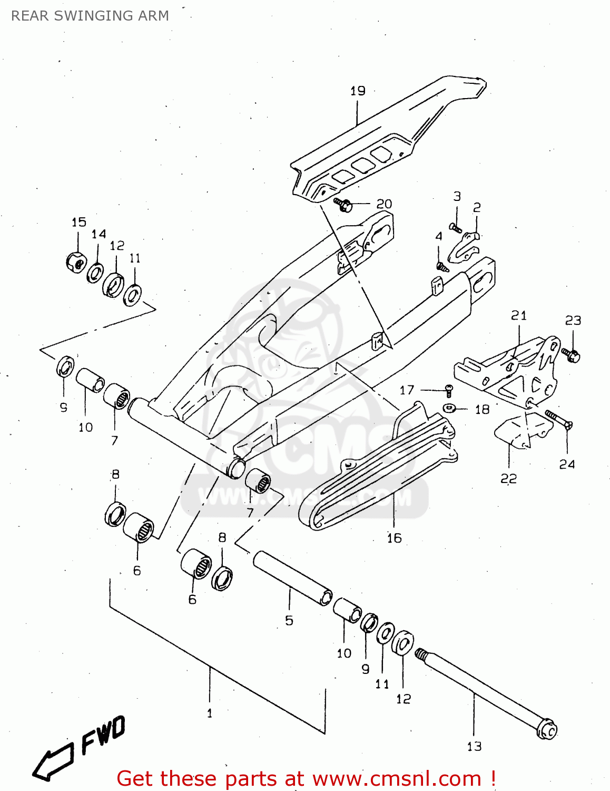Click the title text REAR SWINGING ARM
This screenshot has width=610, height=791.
[90, 16]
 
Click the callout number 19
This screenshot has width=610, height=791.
[358, 91]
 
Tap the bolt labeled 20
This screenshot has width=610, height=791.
[343, 204]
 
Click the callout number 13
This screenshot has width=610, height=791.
[474, 746]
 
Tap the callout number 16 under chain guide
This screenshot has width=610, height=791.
[394, 538]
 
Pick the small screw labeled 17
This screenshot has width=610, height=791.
[449, 390]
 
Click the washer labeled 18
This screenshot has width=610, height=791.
[449, 408]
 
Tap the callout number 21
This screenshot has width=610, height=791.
[519, 315]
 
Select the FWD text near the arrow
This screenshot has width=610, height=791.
[103, 735]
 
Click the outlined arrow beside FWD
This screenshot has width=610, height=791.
[53, 763]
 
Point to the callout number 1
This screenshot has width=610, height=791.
[210, 713]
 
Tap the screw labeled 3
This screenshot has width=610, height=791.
[456, 228]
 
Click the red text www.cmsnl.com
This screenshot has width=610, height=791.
[397, 778]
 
